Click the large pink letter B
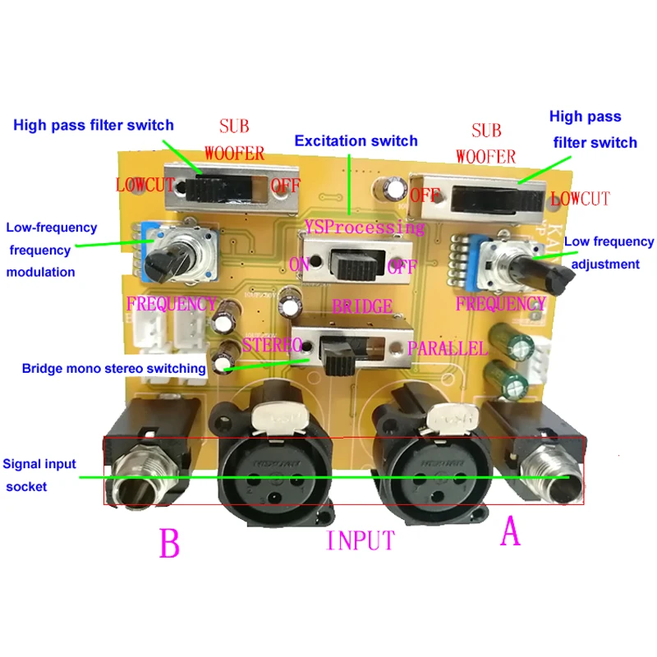click(169, 543)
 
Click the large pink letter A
click(510, 534)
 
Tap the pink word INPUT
click(361, 540)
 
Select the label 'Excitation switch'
click(355, 141)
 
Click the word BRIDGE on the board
click(362, 307)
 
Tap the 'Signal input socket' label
click(39, 475)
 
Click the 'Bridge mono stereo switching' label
click(113, 369)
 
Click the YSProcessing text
click(365, 226)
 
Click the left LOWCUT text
click(145, 185)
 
